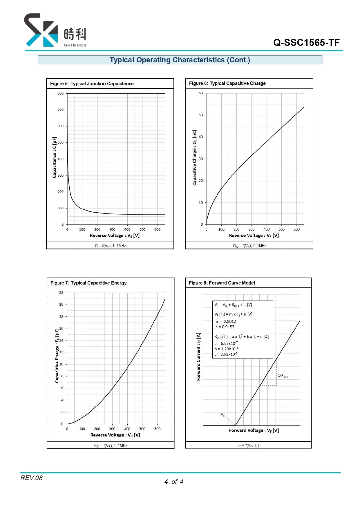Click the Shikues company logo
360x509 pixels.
(x=55, y=30)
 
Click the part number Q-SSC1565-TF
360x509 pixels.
(x=306, y=43)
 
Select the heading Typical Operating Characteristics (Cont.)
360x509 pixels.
(x=180, y=60)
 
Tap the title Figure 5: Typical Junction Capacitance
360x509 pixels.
(x=92, y=84)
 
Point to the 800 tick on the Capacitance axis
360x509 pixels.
(x=60, y=93)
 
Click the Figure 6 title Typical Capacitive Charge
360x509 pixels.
(x=227, y=83)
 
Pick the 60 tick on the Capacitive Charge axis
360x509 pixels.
(x=201, y=93)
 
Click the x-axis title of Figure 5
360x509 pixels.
(x=115, y=236)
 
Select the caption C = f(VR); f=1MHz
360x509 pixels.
(x=110, y=246)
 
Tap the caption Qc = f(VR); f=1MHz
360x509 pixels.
(x=249, y=246)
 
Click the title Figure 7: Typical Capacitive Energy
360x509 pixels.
(x=88, y=283)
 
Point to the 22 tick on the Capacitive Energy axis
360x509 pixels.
(x=61, y=293)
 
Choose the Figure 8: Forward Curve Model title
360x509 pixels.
(x=222, y=283)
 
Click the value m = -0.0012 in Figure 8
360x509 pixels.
(x=225, y=321)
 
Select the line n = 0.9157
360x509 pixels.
(x=225, y=327)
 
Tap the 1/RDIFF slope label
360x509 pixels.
(x=283, y=376)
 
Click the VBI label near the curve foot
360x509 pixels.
(x=223, y=415)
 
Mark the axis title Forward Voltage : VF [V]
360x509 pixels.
(x=254, y=430)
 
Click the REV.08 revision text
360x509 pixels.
(x=31, y=478)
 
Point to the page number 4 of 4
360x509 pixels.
(x=174, y=482)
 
